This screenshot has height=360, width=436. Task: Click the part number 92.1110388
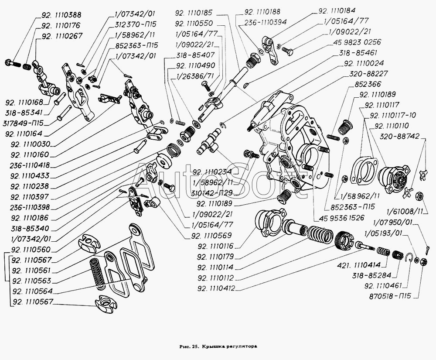tap(60, 14)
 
